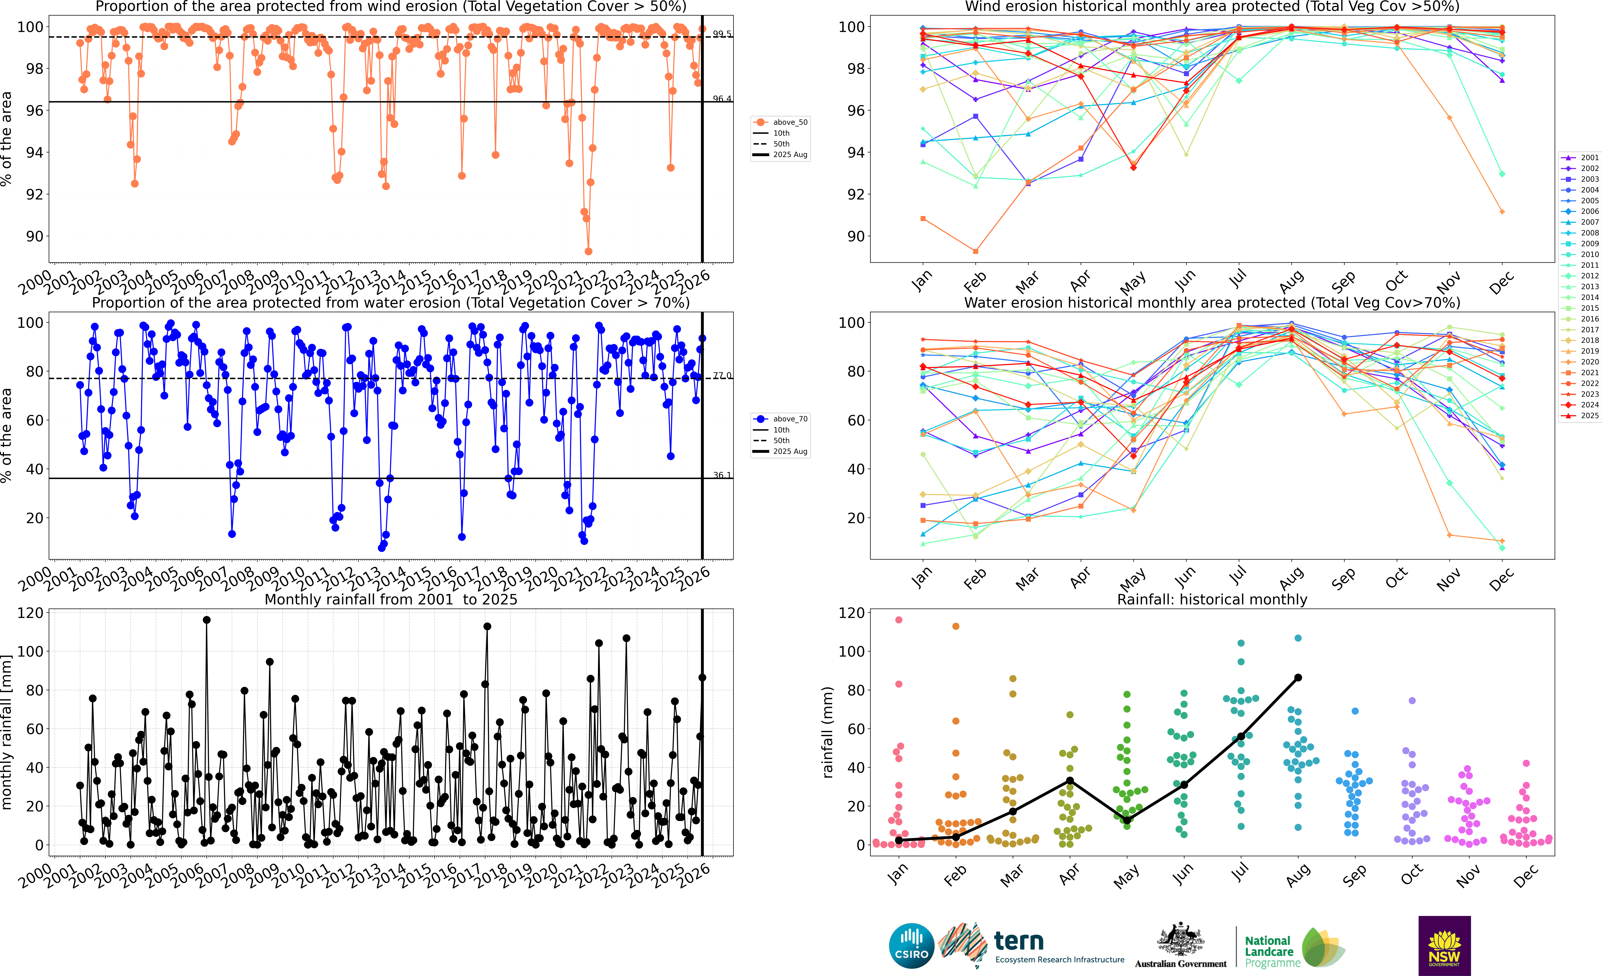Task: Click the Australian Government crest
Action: [1180, 940]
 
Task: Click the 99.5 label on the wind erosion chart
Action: [722, 34]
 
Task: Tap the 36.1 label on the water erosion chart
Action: [722, 475]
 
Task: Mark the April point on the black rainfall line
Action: [1070, 780]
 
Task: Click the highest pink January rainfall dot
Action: [899, 619]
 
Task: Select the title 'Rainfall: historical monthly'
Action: [1212, 599]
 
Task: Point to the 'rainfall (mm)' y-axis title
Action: [827, 732]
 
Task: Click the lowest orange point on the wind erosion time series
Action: [588, 251]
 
